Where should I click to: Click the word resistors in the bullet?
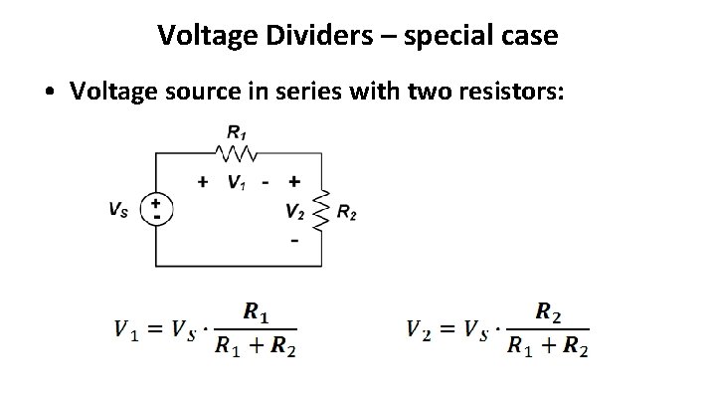[512, 92]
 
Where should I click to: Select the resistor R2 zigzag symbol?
[320, 211]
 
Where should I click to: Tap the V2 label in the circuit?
[294, 211]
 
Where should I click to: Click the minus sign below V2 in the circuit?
[294, 241]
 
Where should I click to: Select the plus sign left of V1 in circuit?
[203, 182]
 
